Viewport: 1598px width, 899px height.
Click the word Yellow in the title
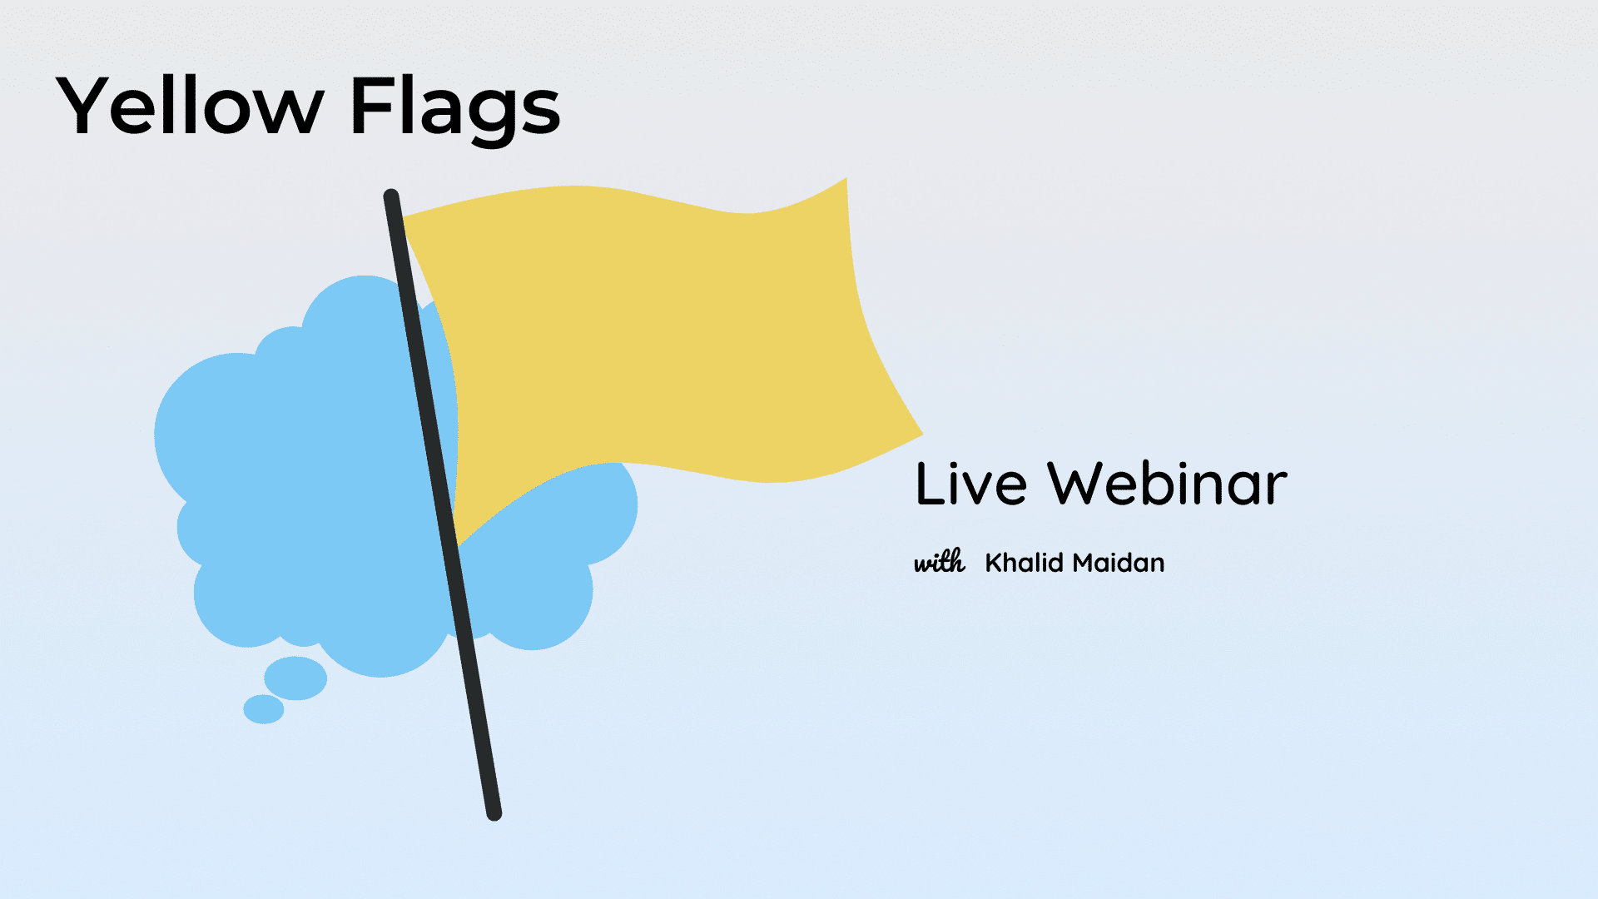190,105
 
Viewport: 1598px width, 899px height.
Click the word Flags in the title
456,109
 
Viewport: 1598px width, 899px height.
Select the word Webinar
1168,483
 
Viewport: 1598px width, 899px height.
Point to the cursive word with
940,562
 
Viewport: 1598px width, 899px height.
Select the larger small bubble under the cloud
295,678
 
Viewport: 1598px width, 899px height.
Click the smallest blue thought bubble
264,709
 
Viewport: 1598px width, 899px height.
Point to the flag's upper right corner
846,178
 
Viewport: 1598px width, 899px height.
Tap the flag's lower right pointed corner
921,434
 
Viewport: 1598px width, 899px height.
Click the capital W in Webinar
1079,483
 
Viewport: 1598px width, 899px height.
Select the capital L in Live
930,483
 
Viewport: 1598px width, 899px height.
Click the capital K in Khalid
995,563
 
